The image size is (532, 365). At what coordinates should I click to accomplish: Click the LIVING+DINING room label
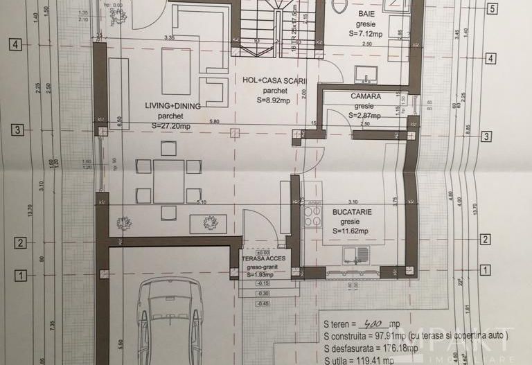(x=172, y=105)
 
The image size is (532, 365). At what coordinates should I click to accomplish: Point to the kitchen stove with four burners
(x=312, y=217)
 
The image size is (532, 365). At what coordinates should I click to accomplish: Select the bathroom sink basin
(x=365, y=73)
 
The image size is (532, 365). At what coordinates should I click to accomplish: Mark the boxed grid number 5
(x=492, y=9)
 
